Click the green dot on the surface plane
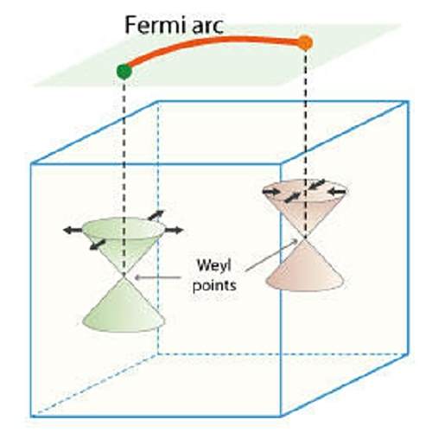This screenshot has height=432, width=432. click(124, 71)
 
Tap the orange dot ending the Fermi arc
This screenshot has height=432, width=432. click(305, 42)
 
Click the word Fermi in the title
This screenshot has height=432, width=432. click(155, 25)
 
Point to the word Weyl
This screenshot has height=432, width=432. click(213, 265)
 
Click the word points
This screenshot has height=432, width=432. click(214, 286)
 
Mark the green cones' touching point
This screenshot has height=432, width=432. click(124, 277)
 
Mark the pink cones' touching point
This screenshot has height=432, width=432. click(305, 238)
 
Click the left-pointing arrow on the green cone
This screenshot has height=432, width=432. click(73, 230)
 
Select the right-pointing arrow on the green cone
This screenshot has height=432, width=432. click(174, 230)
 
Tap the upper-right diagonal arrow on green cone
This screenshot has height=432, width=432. click(156, 215)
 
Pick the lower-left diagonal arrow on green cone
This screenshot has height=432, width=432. click(98, 245)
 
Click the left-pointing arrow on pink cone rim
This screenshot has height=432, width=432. click(337, 191)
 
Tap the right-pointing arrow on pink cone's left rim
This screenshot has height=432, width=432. click(271, 191)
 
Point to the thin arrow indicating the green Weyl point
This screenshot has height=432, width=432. click(158, 277)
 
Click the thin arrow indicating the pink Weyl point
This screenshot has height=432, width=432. click(271, 255)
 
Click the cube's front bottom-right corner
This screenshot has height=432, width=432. click(281, 416)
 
